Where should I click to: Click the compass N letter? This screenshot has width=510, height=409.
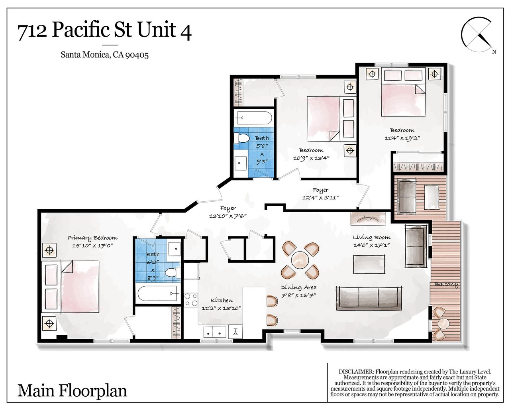(x=494, y=52)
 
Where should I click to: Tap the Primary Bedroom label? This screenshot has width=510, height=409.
(x=92, y=238)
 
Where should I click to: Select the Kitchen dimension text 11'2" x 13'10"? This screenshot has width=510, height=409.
(x=222, y=308)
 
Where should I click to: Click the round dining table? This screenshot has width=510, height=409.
(x=300, y=260)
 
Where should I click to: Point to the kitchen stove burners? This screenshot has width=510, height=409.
(x=191, y=300)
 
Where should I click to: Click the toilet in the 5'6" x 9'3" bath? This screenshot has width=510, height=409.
(x=242, y=138)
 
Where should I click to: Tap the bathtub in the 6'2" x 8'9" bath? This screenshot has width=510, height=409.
(x=157, y=293)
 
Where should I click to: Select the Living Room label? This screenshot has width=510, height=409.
(x=372, y=237)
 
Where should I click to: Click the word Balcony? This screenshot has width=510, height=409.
(x=447, y=284)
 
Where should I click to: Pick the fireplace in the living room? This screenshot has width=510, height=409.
(x=368, y=218)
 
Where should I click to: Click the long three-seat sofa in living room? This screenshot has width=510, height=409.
(x=369, y=298)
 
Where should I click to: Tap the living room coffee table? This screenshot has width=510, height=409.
(x=369, y=264)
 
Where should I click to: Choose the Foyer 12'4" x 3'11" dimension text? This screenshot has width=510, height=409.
(x=320, y=197)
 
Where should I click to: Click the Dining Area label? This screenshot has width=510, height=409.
(x=298, y=287)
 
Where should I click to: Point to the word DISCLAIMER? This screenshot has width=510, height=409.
(x=356, y=371)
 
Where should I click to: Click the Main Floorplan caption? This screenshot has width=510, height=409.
(x=72, y=391)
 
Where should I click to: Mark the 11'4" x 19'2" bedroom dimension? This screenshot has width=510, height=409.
(x=402, y=138)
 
